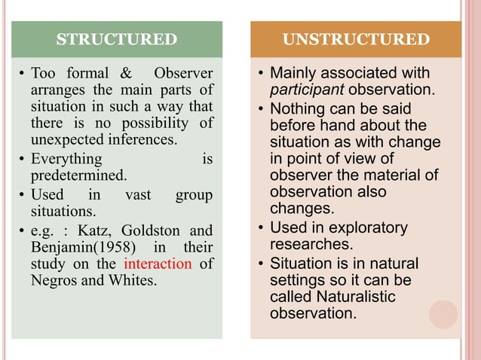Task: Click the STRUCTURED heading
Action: click(x=117, y=39)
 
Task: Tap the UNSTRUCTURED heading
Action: click(x=357, y=39)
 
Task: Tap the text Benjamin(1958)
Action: click(x=81, y=247)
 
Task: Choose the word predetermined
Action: click(x=78, y=175)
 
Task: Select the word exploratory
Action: click(x=367, y=227)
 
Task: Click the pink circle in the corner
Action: click(x=443, y=315)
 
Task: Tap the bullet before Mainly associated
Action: click(x=259, y=74)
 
